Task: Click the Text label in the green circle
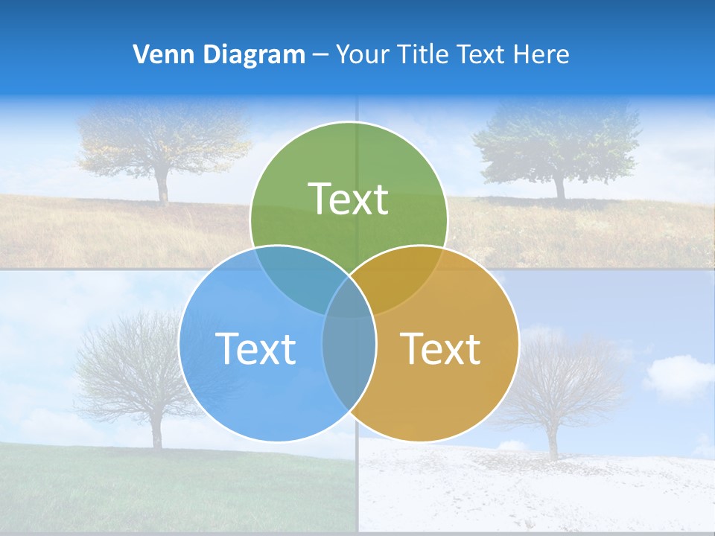[349, 200]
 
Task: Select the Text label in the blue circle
[255, 348]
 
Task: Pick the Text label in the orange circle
[441, 348]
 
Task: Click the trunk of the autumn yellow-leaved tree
[162, 188]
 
